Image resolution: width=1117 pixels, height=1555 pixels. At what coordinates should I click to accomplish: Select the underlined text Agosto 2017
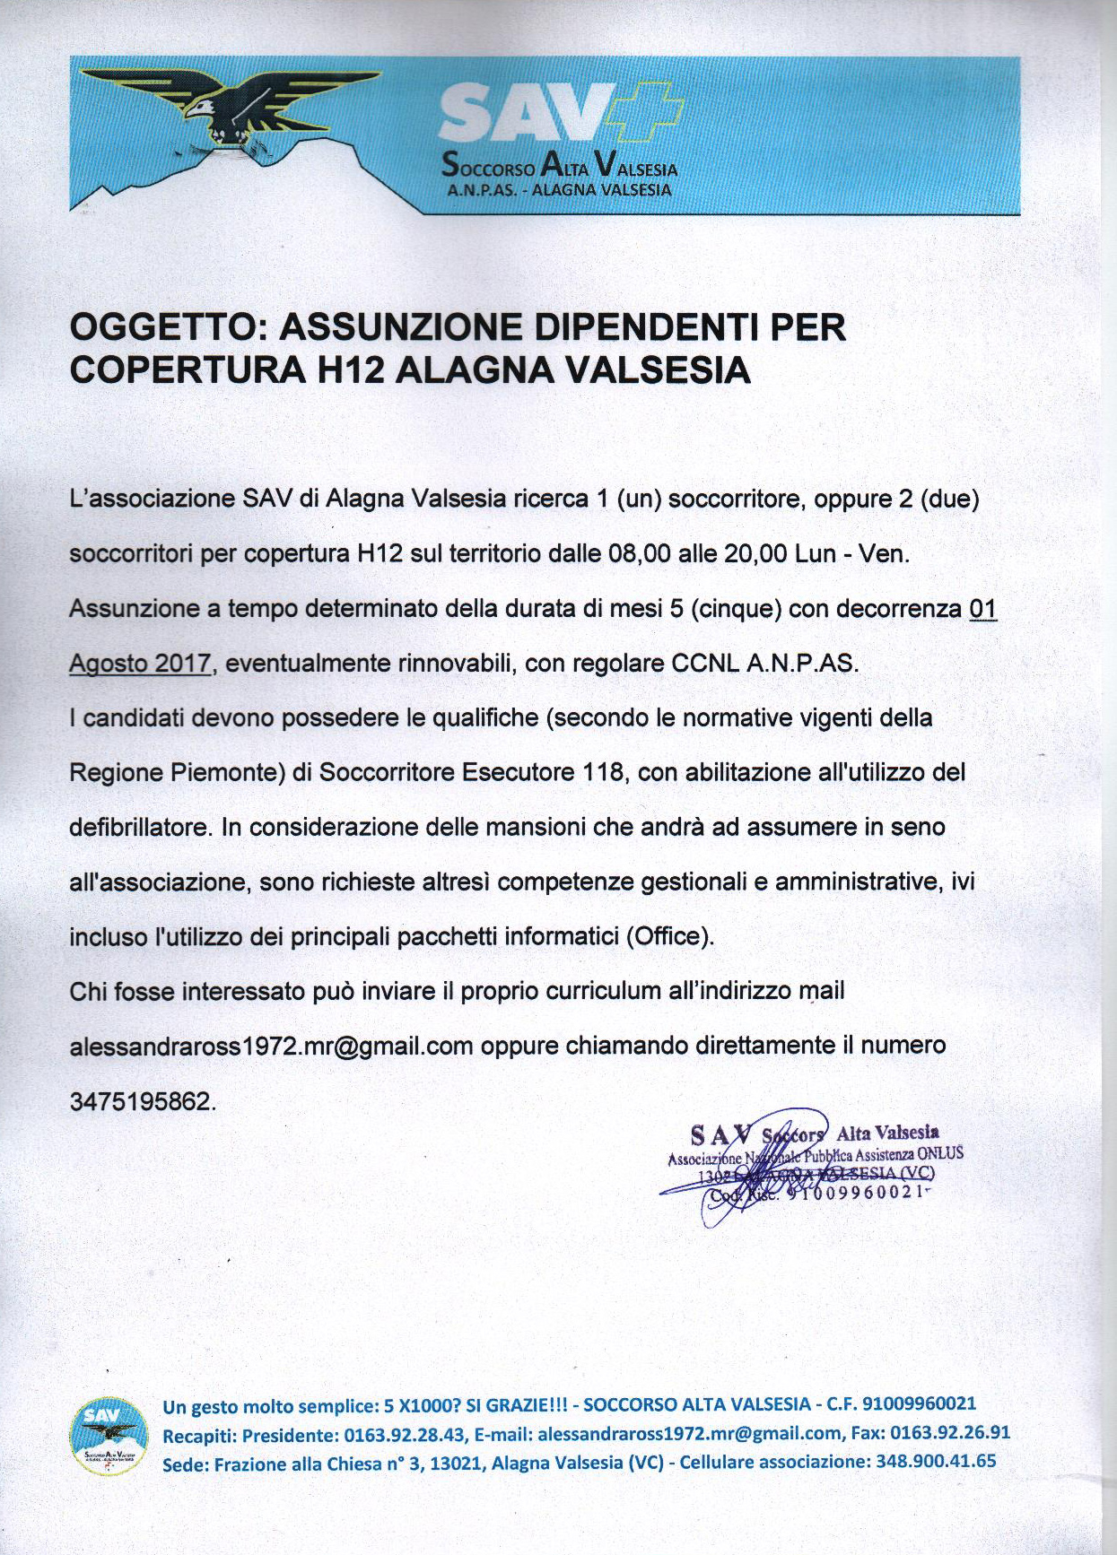[140, 664]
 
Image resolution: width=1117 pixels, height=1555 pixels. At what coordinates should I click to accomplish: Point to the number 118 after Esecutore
[604, 772]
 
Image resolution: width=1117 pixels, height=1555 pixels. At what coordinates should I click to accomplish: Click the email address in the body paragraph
[271, 1047]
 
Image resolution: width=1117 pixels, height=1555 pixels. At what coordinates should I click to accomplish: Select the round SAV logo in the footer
[109, 1437]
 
